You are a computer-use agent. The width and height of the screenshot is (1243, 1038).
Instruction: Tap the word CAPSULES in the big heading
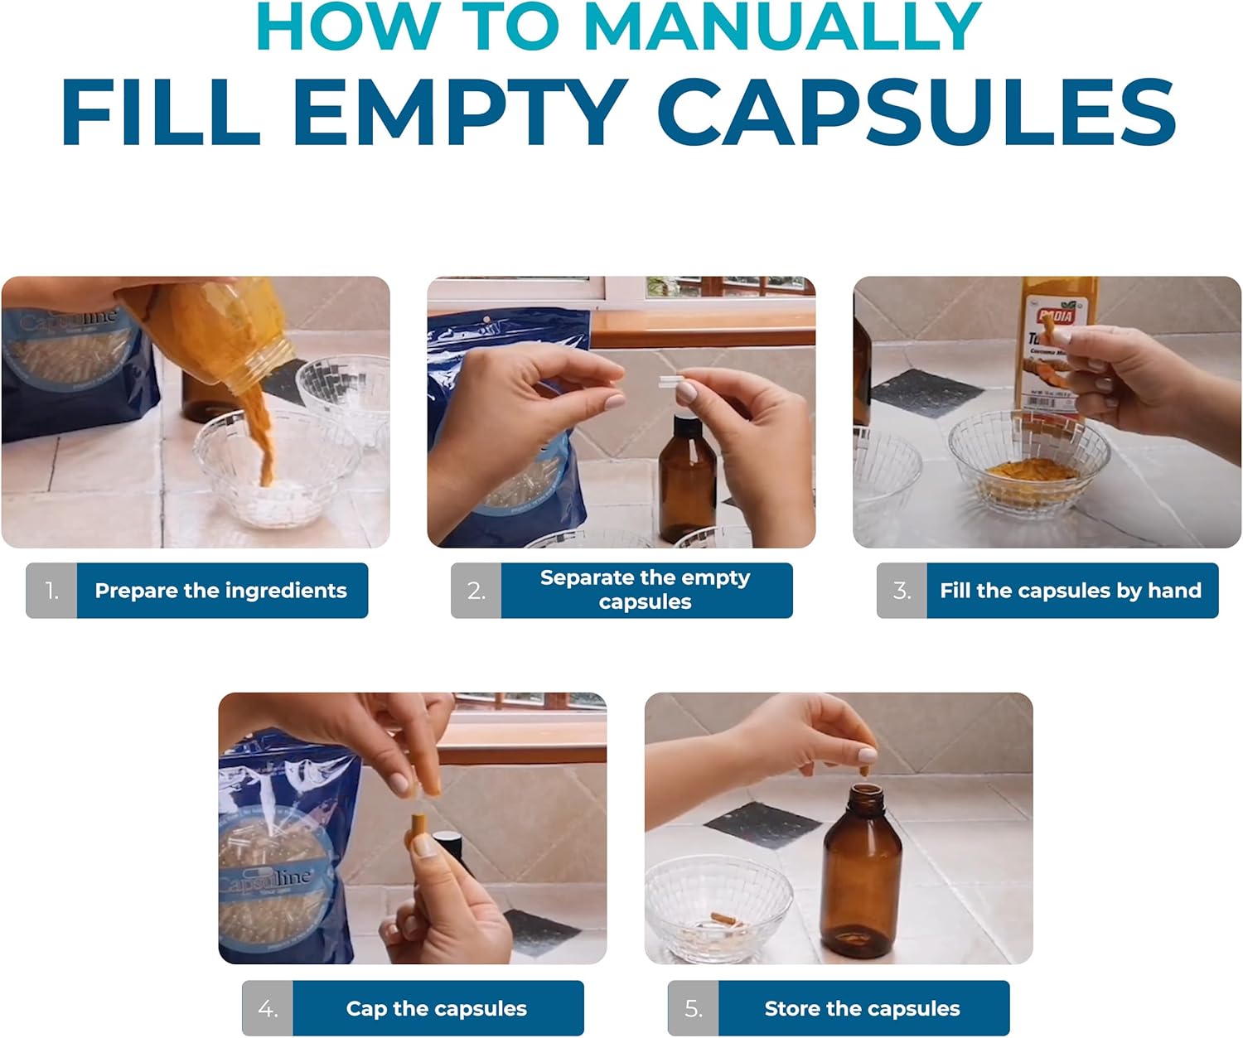click(921, 113)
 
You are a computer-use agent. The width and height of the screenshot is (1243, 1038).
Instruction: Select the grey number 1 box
click(51, 591)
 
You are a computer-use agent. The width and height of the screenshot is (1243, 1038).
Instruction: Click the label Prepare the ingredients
click(221, 591)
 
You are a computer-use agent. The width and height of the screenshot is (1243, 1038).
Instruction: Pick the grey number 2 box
click(476, 591)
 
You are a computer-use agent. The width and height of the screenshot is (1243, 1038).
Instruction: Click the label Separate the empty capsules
click(646, 590)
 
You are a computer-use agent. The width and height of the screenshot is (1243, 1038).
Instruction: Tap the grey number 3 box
click(902, 591)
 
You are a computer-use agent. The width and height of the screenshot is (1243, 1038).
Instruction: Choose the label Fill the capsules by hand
click(1071, 591)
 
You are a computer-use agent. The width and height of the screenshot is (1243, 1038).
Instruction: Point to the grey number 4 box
click(268, 1008)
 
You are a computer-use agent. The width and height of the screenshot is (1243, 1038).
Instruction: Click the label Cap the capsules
click(437, 1008)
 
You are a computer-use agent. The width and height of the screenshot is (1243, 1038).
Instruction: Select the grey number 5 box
click(694, 1008)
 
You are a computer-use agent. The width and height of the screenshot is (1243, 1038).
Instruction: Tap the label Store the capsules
click(863, 1008)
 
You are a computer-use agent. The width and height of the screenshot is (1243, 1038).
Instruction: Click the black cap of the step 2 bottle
click(687, 428)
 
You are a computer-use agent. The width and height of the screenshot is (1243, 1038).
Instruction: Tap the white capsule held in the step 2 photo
click(671, 381)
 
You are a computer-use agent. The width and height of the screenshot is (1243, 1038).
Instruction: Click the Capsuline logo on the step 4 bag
click(267, 880)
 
